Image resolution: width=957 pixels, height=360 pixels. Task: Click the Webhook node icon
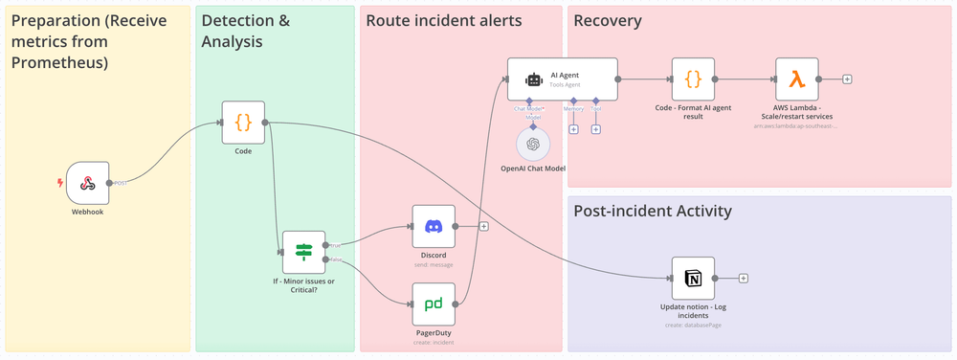pos(87,182)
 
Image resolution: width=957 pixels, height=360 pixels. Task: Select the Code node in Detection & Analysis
pos(243,122)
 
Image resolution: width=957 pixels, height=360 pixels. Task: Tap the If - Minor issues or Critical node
pos(303,252)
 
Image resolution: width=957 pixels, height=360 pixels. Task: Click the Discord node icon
pos(434,226)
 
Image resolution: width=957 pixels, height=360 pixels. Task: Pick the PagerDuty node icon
pos(434,304)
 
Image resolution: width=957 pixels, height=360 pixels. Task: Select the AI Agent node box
pos(562,79)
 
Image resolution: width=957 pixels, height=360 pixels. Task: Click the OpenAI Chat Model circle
pos(533,145)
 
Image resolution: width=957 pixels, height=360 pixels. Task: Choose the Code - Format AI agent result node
pos(693,79)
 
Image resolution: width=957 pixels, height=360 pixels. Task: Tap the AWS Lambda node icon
pos(796,79)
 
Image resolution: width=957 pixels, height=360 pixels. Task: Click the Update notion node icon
pos(693,278)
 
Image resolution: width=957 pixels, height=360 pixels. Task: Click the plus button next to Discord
pos(484,227)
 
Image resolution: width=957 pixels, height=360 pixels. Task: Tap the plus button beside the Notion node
pos(744,279)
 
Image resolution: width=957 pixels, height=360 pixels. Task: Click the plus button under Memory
pos(573,128)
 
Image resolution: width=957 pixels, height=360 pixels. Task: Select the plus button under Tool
pos(595,128)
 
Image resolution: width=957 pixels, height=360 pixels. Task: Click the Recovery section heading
pos(608,21)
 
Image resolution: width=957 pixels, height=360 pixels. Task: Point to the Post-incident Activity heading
pos(653,211)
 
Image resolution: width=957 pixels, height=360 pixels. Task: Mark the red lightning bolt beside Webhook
pos(60,182)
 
